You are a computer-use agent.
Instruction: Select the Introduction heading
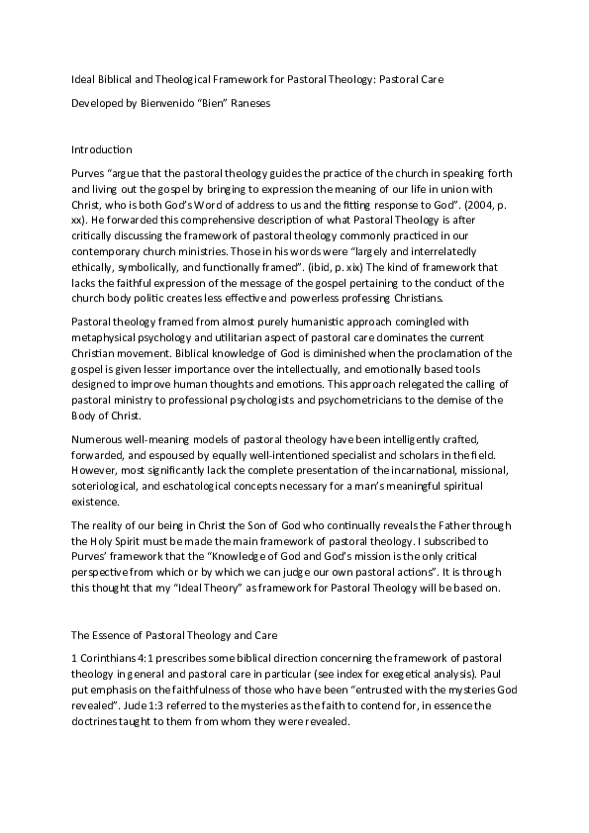tap(102, 149)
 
